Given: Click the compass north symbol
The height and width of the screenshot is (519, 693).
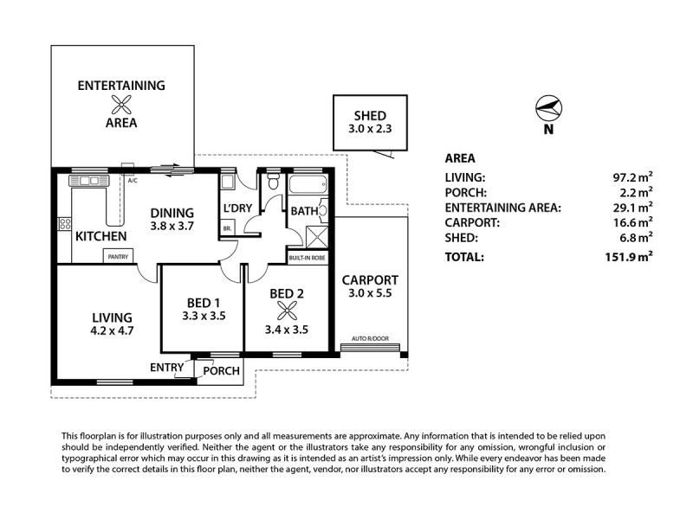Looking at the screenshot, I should (x=548, y=109).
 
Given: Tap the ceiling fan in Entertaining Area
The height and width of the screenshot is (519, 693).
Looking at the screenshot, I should (x=122, y=105).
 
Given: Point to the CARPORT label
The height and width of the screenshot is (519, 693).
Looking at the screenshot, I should (x=370, y=280).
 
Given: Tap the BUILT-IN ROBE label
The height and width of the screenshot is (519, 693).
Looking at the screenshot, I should (x=308, y=258).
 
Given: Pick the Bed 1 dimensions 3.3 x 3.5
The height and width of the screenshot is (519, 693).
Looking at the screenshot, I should (x=205, y=317).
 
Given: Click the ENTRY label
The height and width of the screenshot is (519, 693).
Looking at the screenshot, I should (x=166, y=367).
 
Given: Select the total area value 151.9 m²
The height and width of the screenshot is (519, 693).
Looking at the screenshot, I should (x=628, y=257).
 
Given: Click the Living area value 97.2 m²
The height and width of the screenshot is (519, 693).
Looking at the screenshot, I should (x=632, y=176).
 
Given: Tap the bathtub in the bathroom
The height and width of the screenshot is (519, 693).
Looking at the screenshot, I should (x=304, y=185).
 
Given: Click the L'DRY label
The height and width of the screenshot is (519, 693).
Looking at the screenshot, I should (x=236, y=210).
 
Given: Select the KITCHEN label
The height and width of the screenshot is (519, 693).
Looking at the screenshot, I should (x=101, y=236).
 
